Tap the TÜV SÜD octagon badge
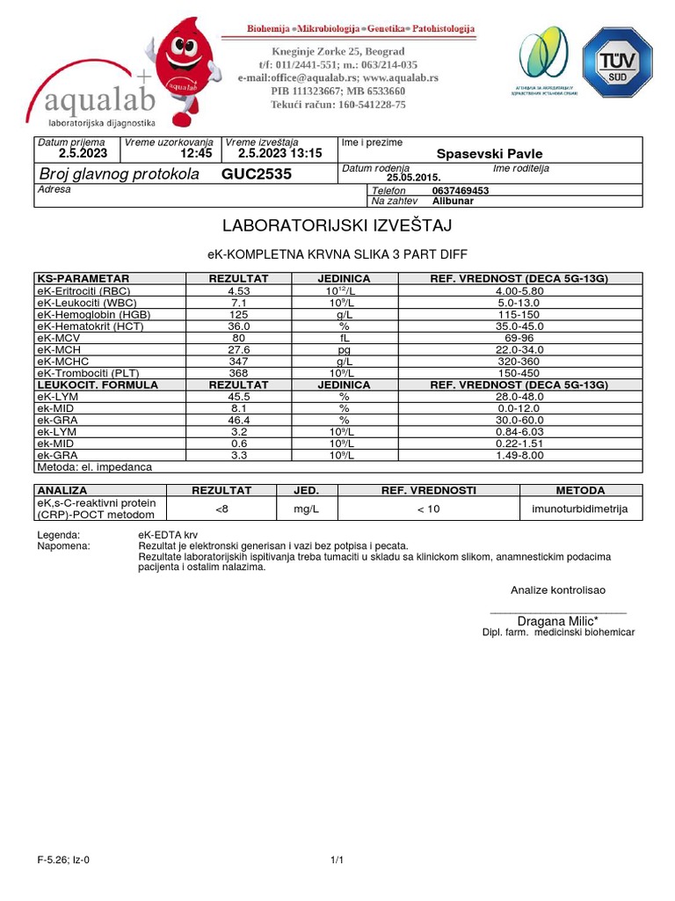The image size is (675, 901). click(x=617, y=62)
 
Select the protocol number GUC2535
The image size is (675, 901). click(x=257, y=174)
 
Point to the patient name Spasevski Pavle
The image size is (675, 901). click(x=490, y=154)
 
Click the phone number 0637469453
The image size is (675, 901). click(x=461, y=190)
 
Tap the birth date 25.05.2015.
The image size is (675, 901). click(x=413, y=177)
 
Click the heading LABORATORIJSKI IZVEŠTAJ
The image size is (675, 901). click(x=337, y=226)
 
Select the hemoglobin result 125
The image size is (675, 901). click(x=239, y=314)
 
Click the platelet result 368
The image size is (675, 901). click(x=239, y=373)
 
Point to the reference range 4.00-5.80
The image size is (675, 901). click(x=519, y=290)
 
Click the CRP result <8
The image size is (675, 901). click(x=222, y=509)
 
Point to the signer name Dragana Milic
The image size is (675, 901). click(x=557, y=620)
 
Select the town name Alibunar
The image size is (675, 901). click(x=454, y=201)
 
